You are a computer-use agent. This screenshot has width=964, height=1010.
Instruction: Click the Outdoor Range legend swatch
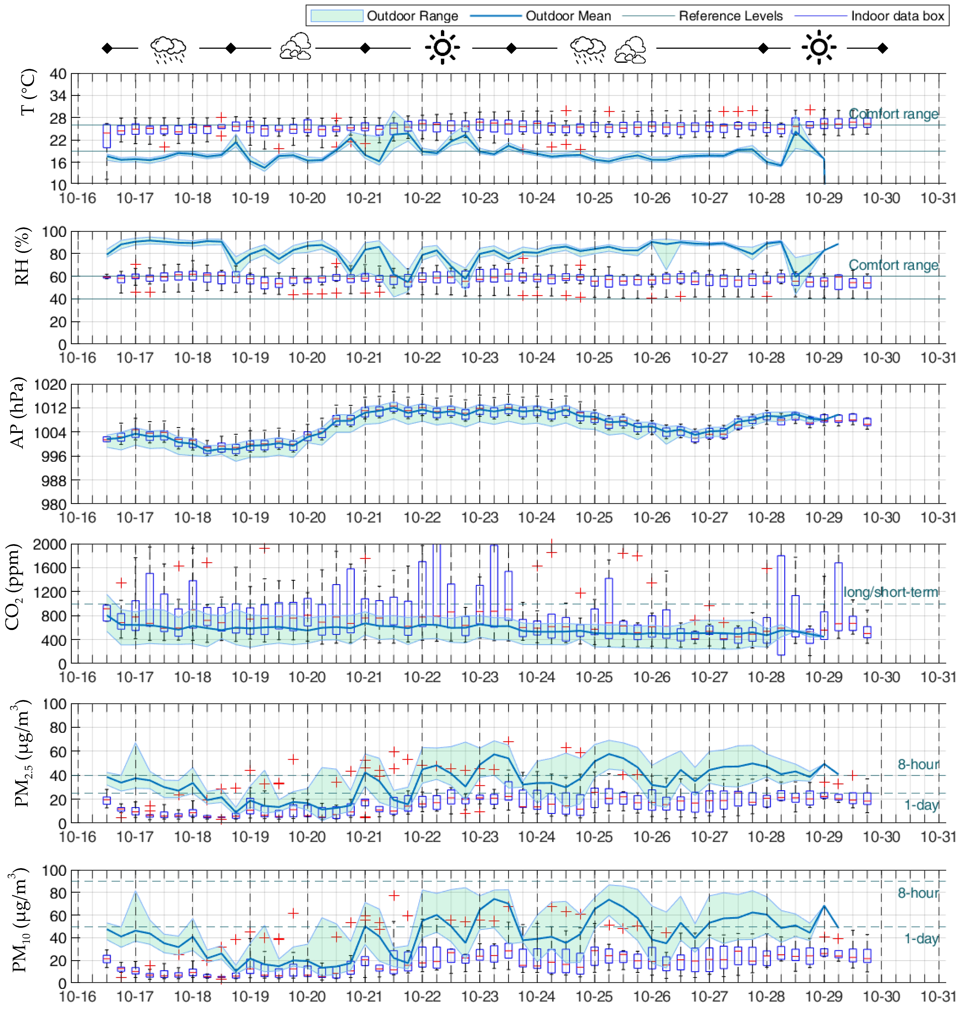[337, 16]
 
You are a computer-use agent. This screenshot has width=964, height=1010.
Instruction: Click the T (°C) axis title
[28, 92]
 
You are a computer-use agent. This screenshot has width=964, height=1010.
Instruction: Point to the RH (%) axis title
[22, 256]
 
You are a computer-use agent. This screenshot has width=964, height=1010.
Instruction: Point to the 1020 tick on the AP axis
[50, 384]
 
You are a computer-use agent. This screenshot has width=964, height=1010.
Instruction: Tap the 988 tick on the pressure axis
[54, 481]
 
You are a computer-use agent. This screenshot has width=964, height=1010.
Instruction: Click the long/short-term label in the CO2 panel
[890, 592]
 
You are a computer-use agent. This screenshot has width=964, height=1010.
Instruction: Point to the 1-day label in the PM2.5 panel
[921, 805]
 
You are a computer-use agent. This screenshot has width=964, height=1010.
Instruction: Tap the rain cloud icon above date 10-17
[168, 49]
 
